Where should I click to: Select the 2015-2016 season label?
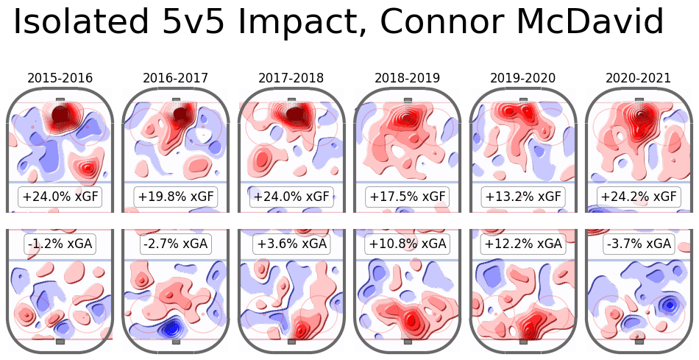pyautogui.click(x=60, y=77)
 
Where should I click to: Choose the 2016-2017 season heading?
pyautogui.click(x=176, y=77)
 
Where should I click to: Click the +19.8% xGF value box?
pyautogui.click(x=176, y=197)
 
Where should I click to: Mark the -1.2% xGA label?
pyautogui.click(x=60, y=244)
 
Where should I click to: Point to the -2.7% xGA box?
pyautogui.click(x=176, y=244)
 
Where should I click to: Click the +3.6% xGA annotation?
pyautogui.click(x=291, y=244)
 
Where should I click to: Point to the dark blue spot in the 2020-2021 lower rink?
pyautogui.click(x=669, y=304)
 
